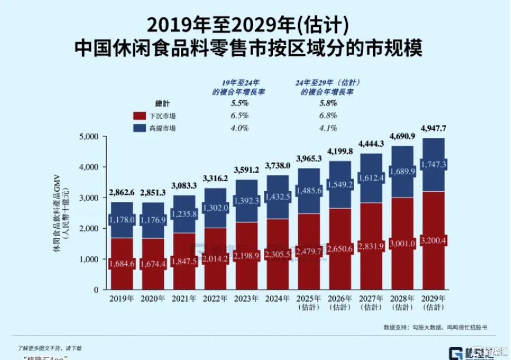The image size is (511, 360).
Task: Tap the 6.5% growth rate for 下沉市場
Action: point(240,116)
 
